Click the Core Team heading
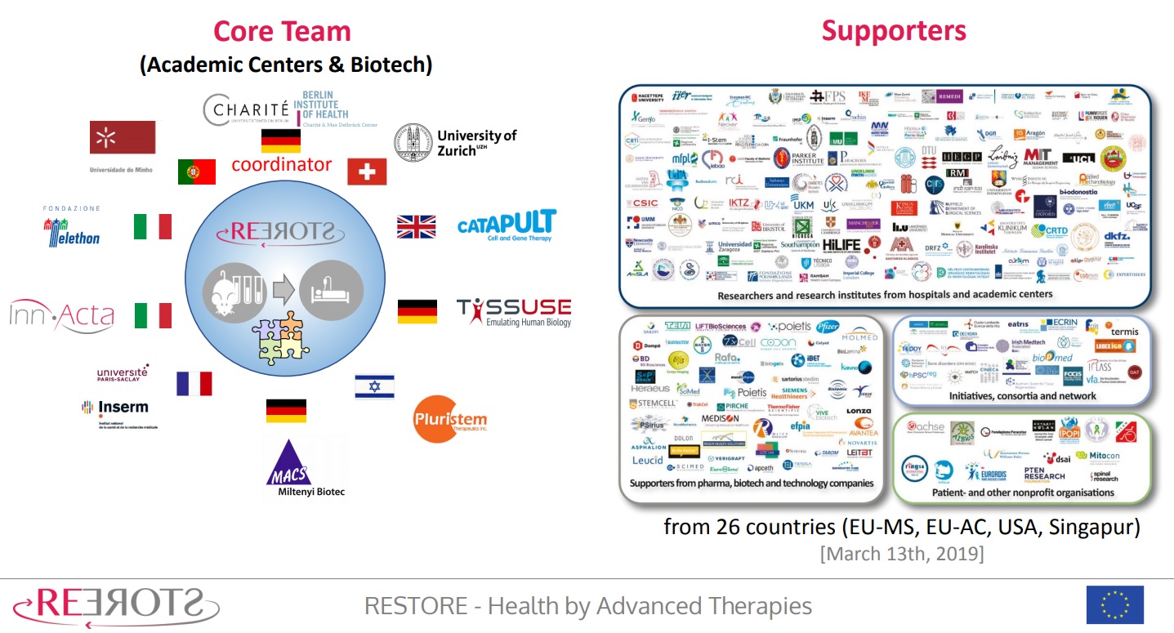coord(282,32)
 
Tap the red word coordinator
coord(281,164)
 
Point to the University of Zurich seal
coord(413,143)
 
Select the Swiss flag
coord(367,172)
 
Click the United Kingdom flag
coord(416,226)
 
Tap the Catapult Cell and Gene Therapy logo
coord(507,225)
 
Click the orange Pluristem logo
coord(449,417)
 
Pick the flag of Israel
coord(374,386)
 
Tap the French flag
coord(194,383)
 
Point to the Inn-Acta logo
coord(62,315)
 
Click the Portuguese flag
coord(197,172)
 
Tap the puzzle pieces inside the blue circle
coord(278,339)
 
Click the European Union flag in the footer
coord(1114,604)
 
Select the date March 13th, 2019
coord(901,553)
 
